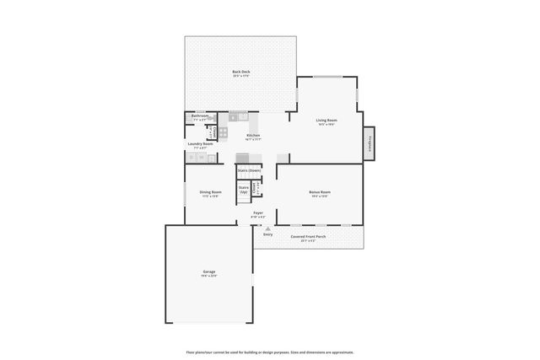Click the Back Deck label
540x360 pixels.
tap(240, 73)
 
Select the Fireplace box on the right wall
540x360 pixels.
tap(370, 143)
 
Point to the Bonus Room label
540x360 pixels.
tap(320, 193)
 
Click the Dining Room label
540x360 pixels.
tap(210, 193)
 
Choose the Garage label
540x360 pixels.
tap(208, 272)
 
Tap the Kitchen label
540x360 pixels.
tap(253, 137)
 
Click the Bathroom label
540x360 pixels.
tap(200, 116)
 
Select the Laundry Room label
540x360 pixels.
tap(200, 144)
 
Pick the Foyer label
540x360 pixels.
tap(258, 213)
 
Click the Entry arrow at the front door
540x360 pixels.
tap(267, 228)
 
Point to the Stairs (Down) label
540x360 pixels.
tap(248, 170)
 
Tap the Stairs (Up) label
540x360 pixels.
tap(244, 190)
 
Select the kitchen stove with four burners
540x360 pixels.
tap(224, 132)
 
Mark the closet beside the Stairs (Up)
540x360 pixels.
tap(258, 187)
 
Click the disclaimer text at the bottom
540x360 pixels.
tap(269, 352)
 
